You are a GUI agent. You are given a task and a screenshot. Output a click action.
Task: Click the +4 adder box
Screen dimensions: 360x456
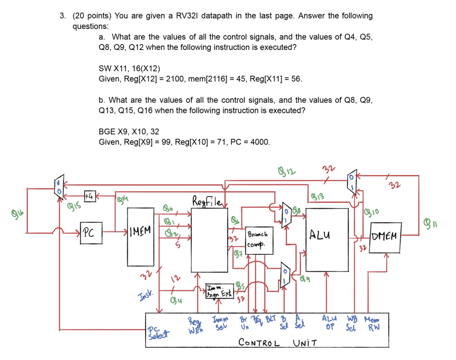click(x=89, y=196)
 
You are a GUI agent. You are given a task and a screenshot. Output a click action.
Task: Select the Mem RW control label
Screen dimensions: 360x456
click(x=372, y=324)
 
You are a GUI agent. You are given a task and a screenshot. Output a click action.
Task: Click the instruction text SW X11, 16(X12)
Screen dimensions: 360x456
click(x=129, y=69)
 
